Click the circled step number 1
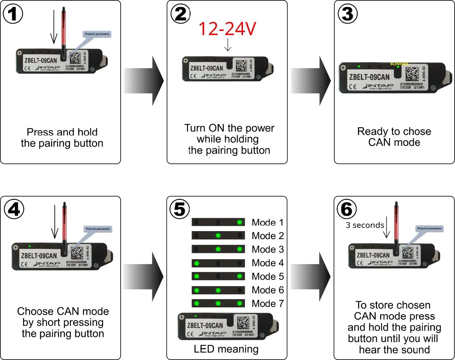(x=13, y=14)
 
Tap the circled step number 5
(x=180, y=209)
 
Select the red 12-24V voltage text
(x=227, y=29)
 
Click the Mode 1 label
(x=267, y=223)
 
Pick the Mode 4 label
(x=267, y=263)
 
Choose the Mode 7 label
(x=267, y=304)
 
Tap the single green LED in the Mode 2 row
(x=218, y=236)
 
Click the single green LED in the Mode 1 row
(x=240, y=222)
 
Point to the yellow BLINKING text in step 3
(x=399, y=64)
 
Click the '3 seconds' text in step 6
(x=365, y=225)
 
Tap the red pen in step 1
(x=64, y=31)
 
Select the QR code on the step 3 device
(x=412, y=74)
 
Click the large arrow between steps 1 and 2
(x=144, y=81)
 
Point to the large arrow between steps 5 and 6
(x=311, y=277)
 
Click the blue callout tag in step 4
(x=98, y=229)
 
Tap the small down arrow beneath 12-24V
(x=228, y=45)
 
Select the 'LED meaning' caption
(x=226, y=349)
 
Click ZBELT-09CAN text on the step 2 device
(x=206, y=68)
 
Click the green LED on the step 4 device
(x=30, y=246)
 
